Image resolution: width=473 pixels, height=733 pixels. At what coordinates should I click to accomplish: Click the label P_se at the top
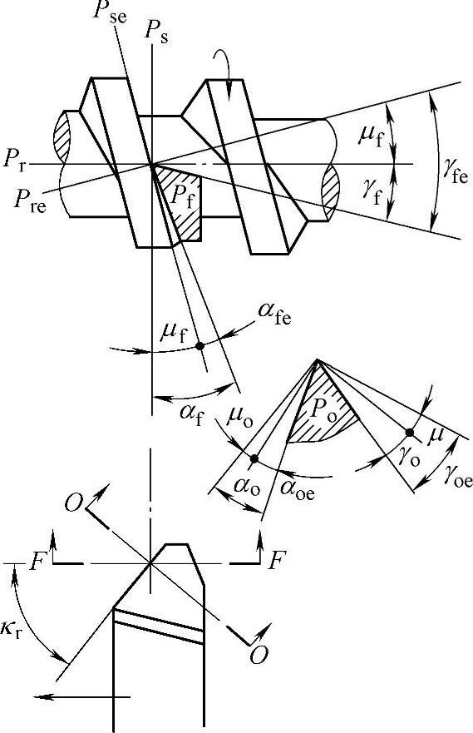pos(109,12)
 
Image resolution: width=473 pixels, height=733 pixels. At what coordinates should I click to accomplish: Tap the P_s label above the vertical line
pos(157,33)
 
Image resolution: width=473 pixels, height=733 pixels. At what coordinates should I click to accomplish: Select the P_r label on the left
pos(14,161)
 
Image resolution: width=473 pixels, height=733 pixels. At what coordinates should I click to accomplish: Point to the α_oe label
pos(298,490)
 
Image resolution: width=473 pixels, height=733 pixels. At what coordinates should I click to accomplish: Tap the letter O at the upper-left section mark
pos(73,504)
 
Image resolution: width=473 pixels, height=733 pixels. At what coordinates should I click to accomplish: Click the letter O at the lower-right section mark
pos(259,655)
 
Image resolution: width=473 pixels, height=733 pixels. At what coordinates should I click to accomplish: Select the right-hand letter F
pos(277,560)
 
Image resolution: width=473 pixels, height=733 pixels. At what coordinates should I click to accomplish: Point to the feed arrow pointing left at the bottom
pos(81,697)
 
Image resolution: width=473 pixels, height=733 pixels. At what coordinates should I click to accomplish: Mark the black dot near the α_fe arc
pos(200,346)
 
